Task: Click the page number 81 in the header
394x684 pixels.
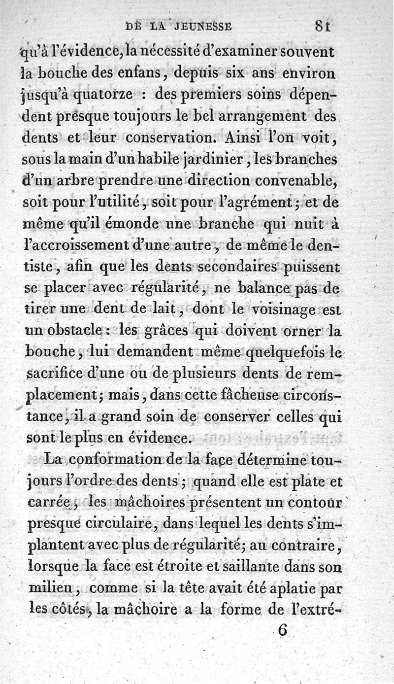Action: (323, 26)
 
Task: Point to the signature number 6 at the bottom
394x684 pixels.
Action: (282, 631)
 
